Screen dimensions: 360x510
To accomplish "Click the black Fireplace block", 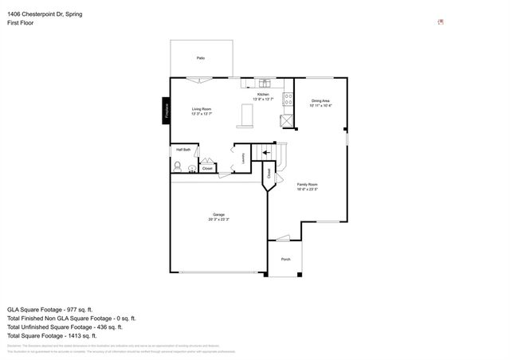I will point(167,110).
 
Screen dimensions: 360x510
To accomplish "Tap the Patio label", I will point(201,58).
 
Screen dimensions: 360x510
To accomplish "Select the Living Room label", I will point(201,111).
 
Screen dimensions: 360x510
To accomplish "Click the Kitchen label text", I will point(262,94).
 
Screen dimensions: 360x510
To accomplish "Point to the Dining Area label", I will point(321,101).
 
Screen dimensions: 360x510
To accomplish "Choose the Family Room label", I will point(308,186).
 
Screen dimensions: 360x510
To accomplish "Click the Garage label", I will point(218,216).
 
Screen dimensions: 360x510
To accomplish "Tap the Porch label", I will point(285,260).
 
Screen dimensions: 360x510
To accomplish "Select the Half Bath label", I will point(183,150).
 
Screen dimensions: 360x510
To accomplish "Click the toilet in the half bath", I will point(178,167).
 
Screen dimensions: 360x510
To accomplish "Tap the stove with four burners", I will point(284,121).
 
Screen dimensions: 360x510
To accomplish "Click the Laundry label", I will point(242,158).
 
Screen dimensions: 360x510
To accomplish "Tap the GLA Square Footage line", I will point(50,309).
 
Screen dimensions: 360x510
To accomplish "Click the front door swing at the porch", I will point(280,237).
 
